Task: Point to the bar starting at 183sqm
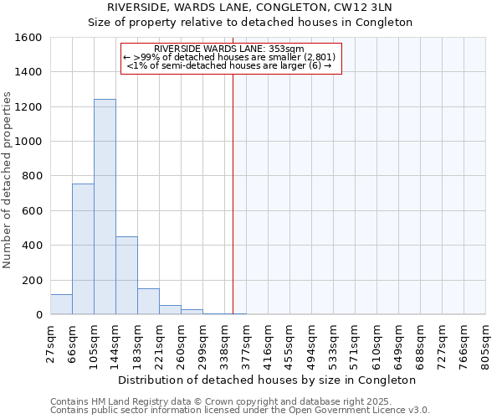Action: (148, 302)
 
